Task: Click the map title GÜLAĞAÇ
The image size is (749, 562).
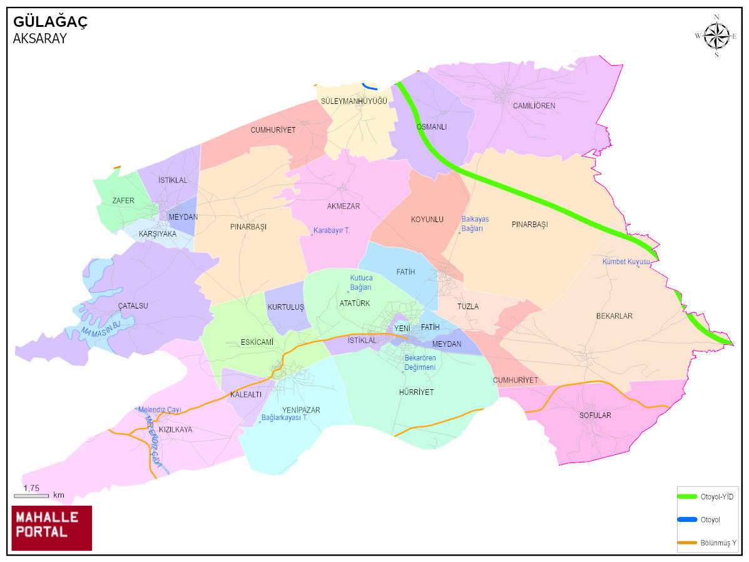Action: (51, 22)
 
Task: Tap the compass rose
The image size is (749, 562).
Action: (716, 36)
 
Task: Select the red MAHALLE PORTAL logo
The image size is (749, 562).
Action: (52, 528)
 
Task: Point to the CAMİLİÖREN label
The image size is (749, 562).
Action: (534, 106)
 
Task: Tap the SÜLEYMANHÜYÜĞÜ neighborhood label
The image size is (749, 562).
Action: (354, 101)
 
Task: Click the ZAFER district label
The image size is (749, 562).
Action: (123, 200)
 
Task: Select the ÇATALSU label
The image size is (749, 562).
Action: (133, 306)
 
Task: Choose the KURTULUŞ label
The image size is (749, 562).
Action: (285, 307)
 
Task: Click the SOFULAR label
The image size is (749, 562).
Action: (595, 415)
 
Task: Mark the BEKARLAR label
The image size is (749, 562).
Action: (614, 316)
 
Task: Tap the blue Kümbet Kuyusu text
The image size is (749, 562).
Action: (626, 262)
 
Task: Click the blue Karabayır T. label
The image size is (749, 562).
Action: (332, 230)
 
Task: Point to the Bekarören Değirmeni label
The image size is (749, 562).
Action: (420, 363)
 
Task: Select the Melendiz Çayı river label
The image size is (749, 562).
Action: (160, 410)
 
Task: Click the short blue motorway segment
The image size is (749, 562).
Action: (370, 87)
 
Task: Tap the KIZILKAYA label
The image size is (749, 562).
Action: (176, 430)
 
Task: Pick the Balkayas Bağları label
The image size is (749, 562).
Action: (475, 223)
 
